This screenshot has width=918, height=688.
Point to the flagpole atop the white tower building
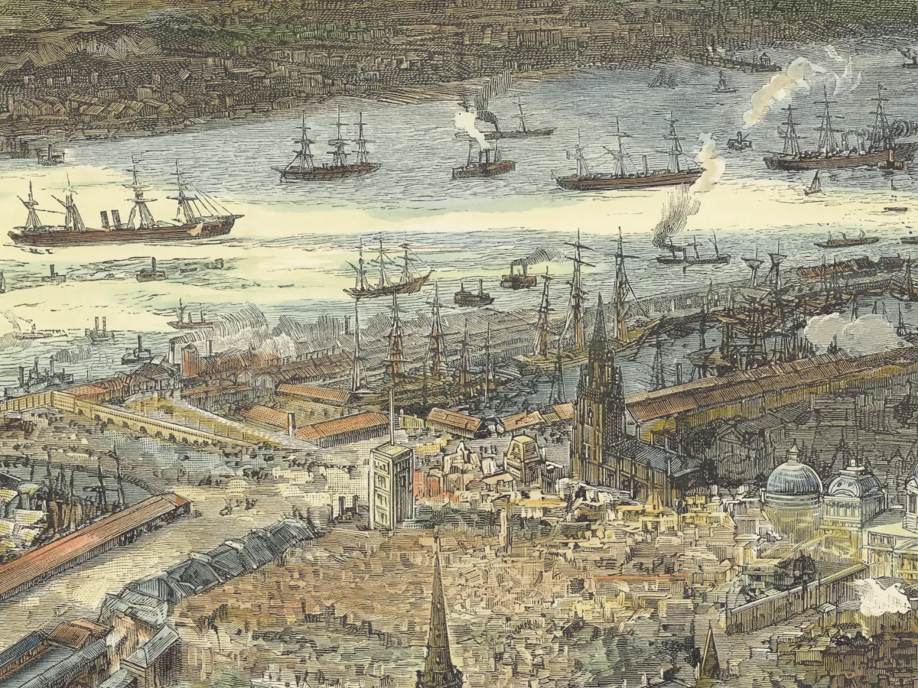pos(391,417)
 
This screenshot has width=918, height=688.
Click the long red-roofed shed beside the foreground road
pos(84,542)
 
